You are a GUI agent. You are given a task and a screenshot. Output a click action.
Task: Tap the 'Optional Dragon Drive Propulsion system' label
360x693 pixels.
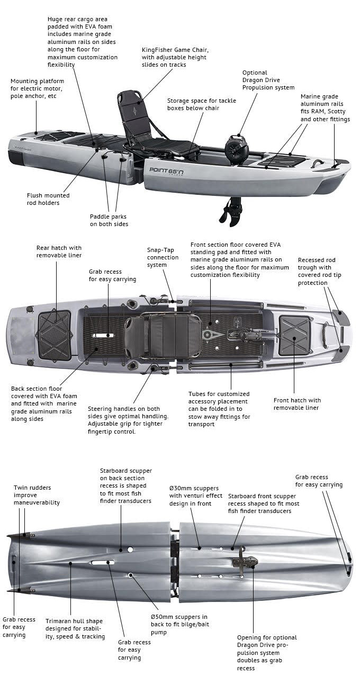point(268,80)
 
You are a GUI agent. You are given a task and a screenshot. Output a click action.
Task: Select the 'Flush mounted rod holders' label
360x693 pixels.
point(48,199)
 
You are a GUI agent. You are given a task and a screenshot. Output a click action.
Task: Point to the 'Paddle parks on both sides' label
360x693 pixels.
point(109,220)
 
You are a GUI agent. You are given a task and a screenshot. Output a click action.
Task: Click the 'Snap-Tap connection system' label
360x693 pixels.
point(163,257)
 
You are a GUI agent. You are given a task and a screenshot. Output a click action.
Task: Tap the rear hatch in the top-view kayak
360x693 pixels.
point(55,335)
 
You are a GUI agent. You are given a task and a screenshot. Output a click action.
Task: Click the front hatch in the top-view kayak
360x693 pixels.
point(294,335)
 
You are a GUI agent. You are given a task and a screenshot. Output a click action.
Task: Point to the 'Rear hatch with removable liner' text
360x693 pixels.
point(59,251)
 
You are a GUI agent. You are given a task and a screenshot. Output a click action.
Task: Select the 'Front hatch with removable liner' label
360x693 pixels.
point(297,404)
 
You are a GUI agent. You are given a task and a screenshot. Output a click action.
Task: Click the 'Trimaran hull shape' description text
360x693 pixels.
point(75,628)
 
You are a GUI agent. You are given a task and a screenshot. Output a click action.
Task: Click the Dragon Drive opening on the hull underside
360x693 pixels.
point(246,562)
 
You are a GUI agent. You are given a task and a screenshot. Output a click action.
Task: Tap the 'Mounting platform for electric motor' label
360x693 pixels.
point(37,88)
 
